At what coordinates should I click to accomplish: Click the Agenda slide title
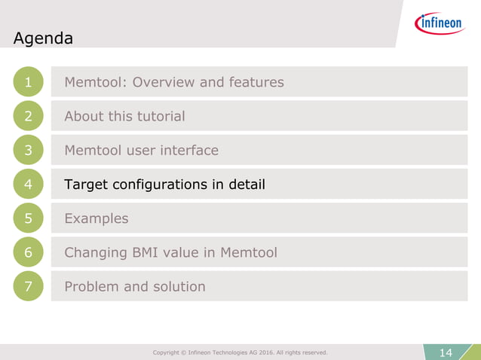[x=43, y=38]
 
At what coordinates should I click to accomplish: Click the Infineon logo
[x=440, y=23]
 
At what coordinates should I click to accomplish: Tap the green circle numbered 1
[x=28, y=82]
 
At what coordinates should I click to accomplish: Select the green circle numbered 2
[x=28, y=116]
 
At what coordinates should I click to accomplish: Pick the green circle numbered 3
[x=28, y=150]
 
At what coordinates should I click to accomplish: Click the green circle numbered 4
[x=28, y=184]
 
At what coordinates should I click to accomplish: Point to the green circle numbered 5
[x=28, y=218]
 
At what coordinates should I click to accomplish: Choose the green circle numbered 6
[x=28, y=252]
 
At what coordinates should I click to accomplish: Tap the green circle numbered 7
[x=28, y=286]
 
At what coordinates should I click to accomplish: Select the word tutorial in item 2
[x=159, y=116]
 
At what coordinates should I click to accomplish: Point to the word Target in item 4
[x=86, y=184]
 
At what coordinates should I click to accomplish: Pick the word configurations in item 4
[x=159, y=185]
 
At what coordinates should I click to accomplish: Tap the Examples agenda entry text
[x=96, y=218]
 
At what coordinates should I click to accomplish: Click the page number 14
[x=446, y=352]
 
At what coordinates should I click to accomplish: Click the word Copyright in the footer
[x=170, y=352]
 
